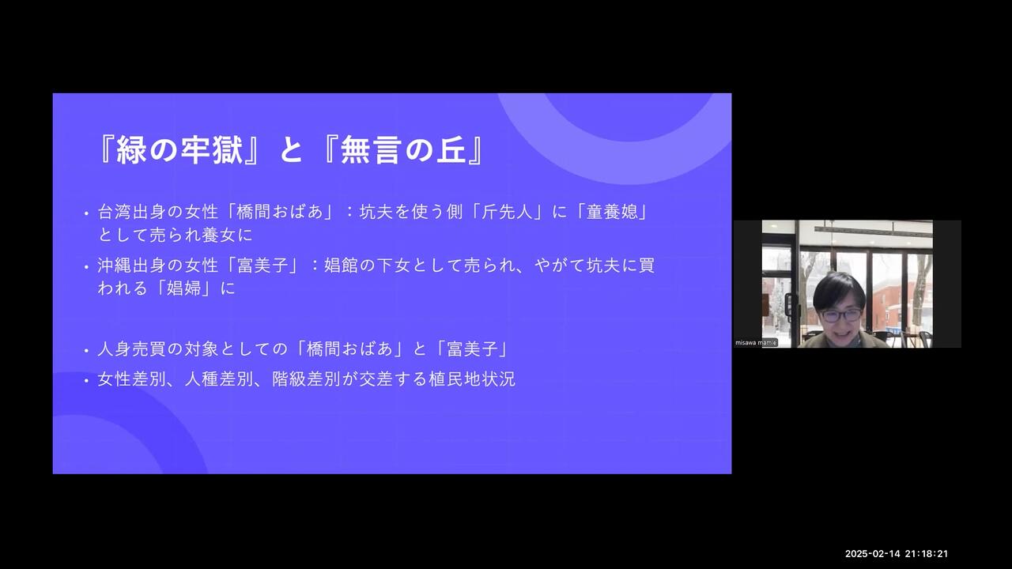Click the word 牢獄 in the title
212,149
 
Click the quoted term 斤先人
508,211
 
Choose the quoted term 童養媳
612,211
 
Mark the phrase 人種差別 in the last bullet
220,379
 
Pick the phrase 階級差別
307,379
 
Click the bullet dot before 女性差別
86,381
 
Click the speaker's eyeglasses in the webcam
841,315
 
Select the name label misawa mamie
756,343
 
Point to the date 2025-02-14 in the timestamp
872,554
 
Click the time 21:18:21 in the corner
926,554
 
